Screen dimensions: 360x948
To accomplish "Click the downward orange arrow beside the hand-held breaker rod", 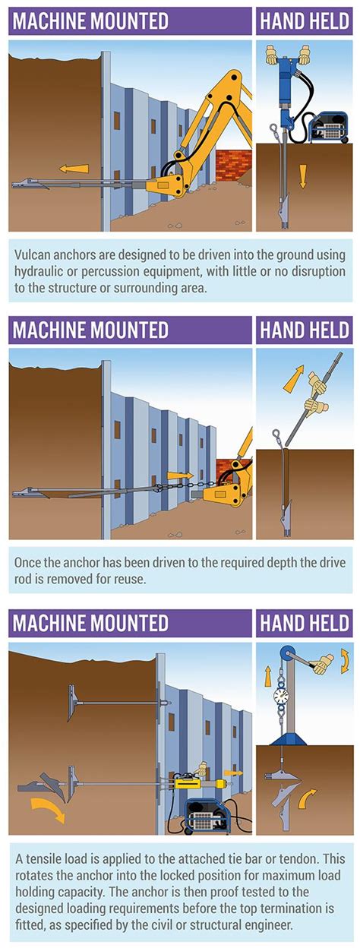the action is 302,176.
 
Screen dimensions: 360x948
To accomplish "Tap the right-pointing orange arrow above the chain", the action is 180,476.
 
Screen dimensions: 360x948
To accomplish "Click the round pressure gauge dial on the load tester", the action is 280,695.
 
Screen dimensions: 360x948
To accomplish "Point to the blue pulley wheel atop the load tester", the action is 288,654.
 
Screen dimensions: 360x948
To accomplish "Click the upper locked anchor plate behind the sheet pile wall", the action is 72,703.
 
